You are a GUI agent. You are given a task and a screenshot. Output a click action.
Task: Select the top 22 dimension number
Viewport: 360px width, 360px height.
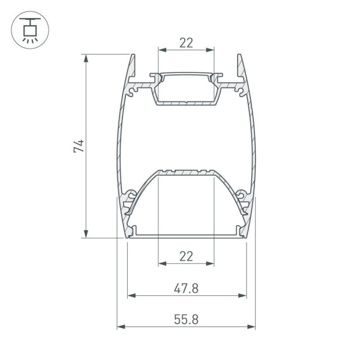click(x=186, y=43)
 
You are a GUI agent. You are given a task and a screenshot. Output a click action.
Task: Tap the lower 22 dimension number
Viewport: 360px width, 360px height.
click(x=186, y=257)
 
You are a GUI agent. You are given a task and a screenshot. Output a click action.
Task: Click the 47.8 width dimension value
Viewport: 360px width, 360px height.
click(x=186, y=289)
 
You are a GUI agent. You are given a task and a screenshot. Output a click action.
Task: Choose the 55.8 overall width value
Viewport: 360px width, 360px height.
click(x=186, y=320)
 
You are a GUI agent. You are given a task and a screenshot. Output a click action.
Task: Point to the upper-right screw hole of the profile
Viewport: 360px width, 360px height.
click(x=241, y=91)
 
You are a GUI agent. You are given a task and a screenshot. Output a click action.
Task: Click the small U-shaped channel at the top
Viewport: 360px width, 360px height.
click(x=186, y=90)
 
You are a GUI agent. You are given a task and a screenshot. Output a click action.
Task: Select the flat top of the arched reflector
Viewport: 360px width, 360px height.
click(x=186, y=173)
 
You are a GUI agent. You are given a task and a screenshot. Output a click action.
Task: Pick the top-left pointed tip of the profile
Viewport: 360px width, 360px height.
click(x=131, y=56)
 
